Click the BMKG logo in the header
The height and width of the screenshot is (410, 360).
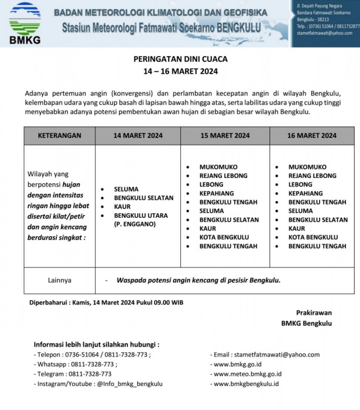(x=25, y=22)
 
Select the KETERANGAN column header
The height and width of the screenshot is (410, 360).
(x=59, y=136)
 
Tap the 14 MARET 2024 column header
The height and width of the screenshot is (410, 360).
(x=138, y=136)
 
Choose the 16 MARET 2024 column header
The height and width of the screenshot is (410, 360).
(x=311, y=136)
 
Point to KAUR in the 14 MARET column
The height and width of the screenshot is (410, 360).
(x=122, y=207)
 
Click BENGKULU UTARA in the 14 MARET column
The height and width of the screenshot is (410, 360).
(x=141, y=216)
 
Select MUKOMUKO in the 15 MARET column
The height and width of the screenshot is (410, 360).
(x=218, y=167)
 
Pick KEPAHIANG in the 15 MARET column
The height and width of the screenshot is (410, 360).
(x=217, y=193)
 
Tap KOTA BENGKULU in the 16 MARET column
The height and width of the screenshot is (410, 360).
(x=313, y=237)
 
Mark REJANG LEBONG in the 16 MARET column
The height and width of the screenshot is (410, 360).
(x=312, y=176)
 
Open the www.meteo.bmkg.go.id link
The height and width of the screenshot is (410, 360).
(x=247, y=374)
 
